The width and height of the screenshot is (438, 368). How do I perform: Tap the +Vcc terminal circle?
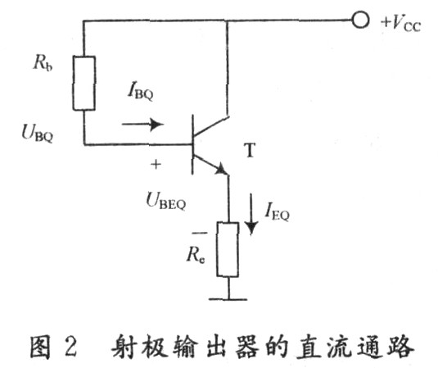pos(360,20)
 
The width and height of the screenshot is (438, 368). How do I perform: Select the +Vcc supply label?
pos(401,23)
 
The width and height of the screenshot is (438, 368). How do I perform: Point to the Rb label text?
pos(43,63)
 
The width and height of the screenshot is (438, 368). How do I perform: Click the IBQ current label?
pos(141,91)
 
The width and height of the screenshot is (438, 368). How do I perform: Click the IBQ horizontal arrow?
pos(142,124)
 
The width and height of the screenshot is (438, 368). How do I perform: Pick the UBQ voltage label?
pos(38,133)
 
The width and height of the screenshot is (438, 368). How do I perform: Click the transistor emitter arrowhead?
pos(223,169)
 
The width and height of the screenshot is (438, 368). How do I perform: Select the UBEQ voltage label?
pos(166,201)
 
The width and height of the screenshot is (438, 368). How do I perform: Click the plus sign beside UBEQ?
pos(156,164)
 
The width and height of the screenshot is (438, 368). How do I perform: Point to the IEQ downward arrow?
pos(251,214)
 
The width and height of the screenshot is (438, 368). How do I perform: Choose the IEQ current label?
pos(277,211)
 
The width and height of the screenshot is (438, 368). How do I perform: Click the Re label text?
pos(196,255)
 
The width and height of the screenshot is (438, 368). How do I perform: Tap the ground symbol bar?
pos(228,299)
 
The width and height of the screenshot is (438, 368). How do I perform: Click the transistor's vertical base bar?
pos(192,144)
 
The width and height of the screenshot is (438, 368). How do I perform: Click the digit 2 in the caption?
pos(70,346)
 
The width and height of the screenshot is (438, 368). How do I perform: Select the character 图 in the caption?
pos(41,347)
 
